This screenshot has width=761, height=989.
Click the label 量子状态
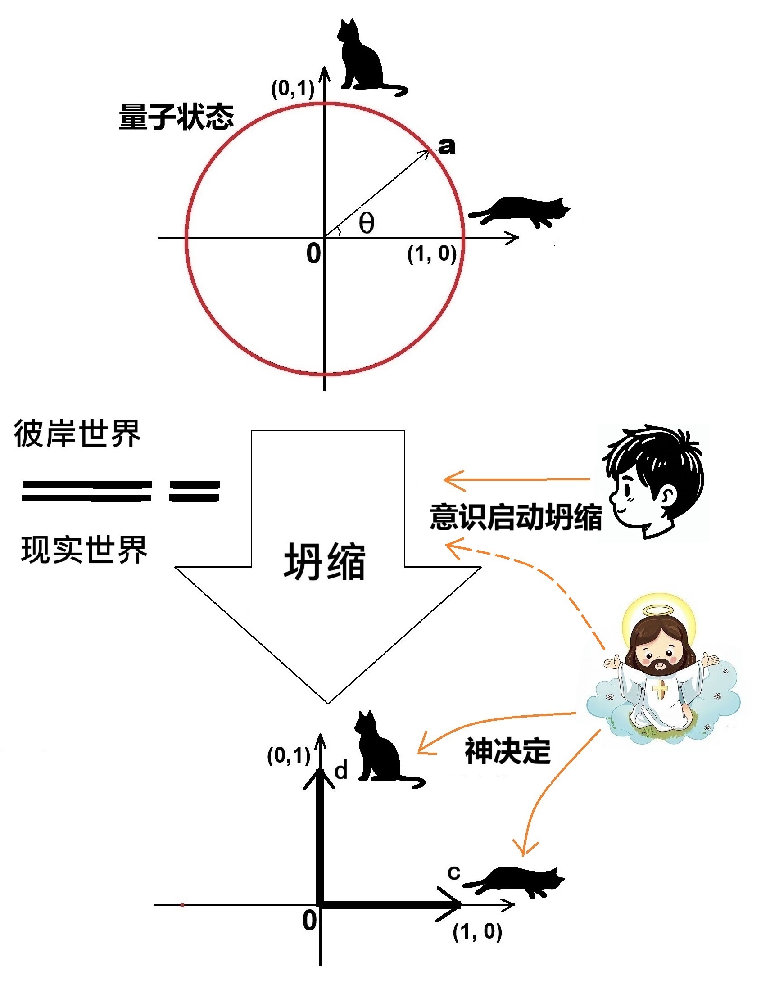tap(176, 117)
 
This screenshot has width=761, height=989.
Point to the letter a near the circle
tap(447, 146)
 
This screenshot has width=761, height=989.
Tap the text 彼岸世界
tap(77, 434)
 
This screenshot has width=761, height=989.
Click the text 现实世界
tap(84, 550)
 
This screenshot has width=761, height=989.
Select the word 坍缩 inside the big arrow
tap(325, 562)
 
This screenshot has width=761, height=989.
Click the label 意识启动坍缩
tap(516, 517)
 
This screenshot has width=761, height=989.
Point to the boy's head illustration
tap(653, 481)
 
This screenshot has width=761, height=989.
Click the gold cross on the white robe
tap(660, 689)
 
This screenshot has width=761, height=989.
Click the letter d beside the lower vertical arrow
tap(341, 770)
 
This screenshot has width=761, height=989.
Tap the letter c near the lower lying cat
tap(454, 872)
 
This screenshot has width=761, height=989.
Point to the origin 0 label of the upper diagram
tap(313, 253)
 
